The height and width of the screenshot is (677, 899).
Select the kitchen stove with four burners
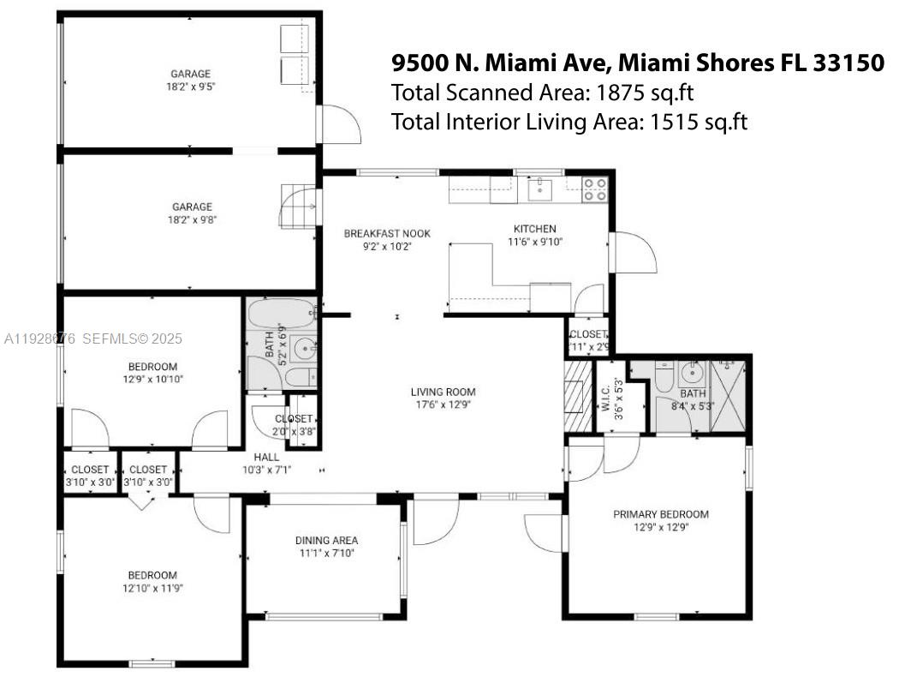pyautogui.click(x=595, y=190)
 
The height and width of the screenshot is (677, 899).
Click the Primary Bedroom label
pyautogui.click(x=660, y=514)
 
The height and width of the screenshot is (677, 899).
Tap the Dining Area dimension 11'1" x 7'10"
pyautogui.click(x=325, y=554)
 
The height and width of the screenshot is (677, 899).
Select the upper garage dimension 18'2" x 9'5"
pyautogui.click(x=190, y=87)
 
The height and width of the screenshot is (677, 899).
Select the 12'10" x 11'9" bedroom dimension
pyautogui.click(x=152, y=588)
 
